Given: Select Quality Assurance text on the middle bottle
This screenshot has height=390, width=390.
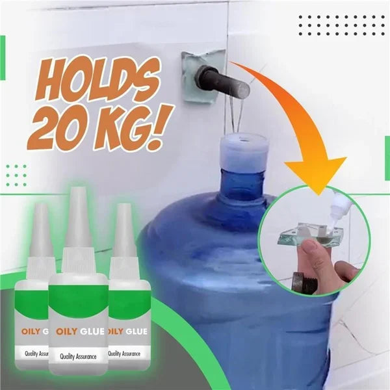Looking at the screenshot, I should [78, 356].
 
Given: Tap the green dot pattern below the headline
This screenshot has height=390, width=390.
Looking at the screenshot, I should [16, 175].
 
